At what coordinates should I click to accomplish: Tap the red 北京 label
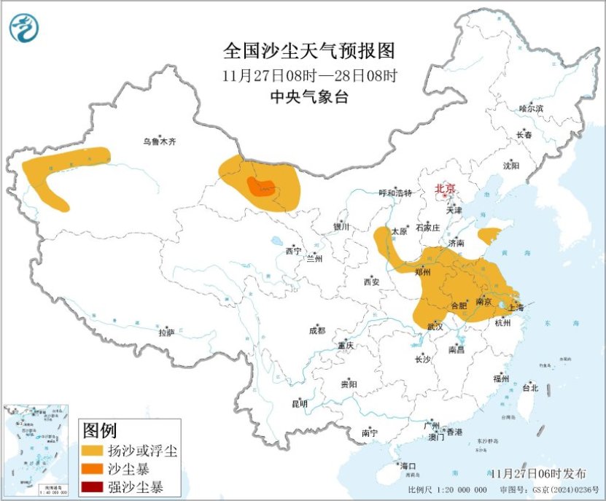pos(445,189)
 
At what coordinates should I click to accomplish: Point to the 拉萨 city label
pos(166,333)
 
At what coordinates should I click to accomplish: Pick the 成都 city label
pos(317,330)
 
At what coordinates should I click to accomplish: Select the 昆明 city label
pos(300,403)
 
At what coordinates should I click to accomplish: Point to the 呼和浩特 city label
pos(395,193)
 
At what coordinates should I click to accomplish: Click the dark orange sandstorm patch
pos(260,187)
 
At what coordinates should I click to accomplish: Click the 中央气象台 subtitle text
pos(308,96)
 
